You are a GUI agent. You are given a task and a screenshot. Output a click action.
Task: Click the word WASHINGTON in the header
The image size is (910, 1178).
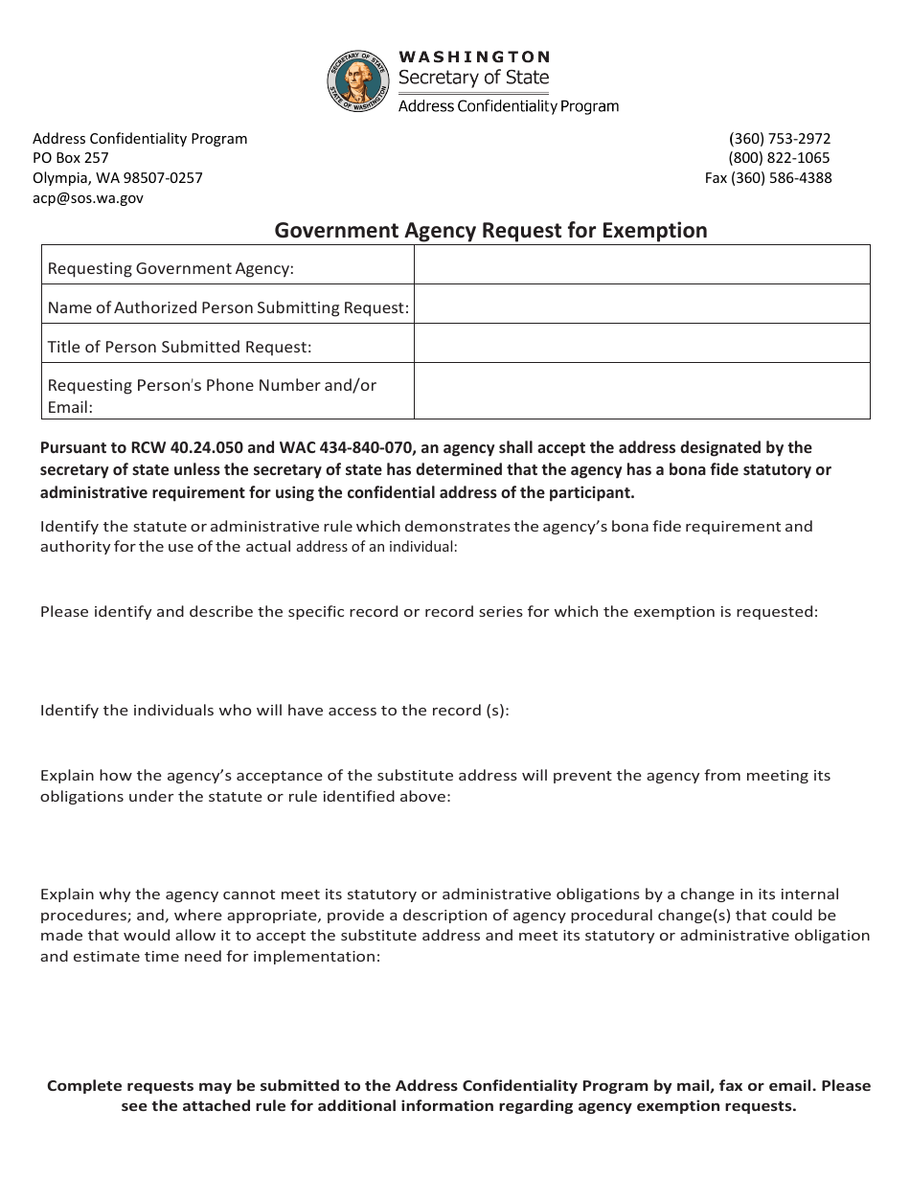tap(474, 57)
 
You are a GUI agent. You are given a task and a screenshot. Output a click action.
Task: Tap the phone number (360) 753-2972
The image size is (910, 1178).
tap(780, 138)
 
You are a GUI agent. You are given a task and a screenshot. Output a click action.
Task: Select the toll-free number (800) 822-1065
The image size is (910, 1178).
tap(779, 158)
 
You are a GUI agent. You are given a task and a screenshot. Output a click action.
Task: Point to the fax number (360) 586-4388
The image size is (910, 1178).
tap(768, 178)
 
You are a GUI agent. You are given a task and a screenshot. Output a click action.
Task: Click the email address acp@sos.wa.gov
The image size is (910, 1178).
tap(88, 198)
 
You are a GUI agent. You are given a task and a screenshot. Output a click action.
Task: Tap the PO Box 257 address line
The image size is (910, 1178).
tap(71, 158)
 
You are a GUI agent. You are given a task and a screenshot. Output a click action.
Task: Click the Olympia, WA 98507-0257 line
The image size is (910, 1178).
tap(118, 178)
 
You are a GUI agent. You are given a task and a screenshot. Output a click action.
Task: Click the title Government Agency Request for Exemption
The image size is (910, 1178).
tap(491, 231)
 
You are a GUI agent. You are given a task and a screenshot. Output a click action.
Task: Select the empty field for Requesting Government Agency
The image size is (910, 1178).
tap(642, 265)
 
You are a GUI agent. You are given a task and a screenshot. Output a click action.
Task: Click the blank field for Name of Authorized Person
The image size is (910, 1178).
tap(642, 305)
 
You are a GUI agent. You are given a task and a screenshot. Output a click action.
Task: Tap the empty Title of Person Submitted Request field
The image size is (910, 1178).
tap(642, 343)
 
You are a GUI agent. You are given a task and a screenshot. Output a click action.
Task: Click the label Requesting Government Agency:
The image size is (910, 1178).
tap(171, 269)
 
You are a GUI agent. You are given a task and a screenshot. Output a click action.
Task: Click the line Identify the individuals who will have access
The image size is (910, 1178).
tap(275, 711)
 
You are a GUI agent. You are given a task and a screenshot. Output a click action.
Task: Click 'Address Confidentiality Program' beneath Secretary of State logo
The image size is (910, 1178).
tap(509, 106)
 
